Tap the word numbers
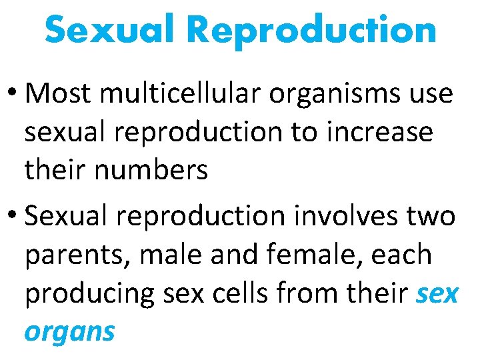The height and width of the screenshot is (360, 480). [153, 171]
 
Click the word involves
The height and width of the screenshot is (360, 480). [340, 216]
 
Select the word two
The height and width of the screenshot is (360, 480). [429, 216]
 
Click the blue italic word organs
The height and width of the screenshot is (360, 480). [69, 333]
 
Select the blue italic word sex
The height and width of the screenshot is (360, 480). [437, 294]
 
